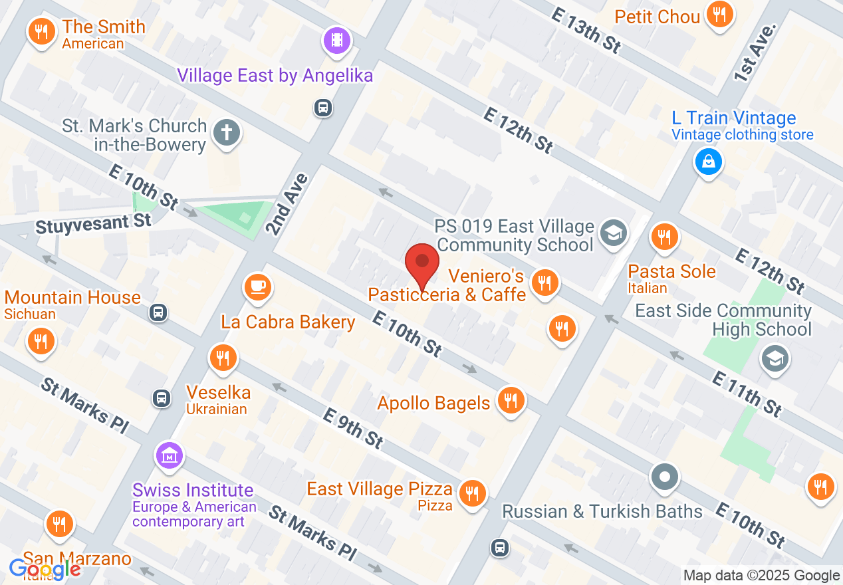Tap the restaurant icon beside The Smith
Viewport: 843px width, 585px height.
coord(42,31)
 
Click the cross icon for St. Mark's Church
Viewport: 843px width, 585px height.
coord(226,134)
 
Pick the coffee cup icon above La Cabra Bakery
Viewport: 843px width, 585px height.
coord(257,287)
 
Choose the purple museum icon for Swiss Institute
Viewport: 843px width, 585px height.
coord(169,456)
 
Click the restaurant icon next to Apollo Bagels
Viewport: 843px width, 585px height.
coord(511,400)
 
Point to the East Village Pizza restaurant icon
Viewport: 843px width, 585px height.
coord(472,493)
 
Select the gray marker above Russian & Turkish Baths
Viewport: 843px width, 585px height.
coord(665,477)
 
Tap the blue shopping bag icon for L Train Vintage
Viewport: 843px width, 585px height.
coord(708,161)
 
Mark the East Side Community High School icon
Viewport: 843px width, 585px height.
coord(775,359)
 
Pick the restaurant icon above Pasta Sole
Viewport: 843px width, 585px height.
coord(663,236)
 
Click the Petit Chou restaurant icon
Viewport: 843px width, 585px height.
coord(719,13)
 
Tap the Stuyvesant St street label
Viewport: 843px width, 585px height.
coord(94,223)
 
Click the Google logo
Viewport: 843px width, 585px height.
coord(45,569)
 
